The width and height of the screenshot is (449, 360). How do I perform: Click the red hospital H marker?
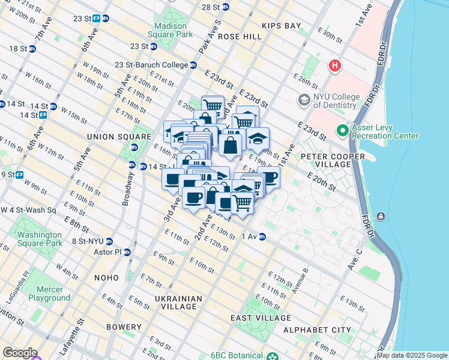pos(334,65)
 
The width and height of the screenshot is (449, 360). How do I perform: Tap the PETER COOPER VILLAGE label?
pos(325,160)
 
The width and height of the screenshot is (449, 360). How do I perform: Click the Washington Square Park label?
pos(40,239)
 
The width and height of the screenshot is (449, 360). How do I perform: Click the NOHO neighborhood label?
pos(107,278)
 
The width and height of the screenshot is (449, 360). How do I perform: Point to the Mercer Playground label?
pos(49,293)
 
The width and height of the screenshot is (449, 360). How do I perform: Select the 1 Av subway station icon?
pos(262,237)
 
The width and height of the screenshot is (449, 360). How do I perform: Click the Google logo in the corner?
pos(19,353)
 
